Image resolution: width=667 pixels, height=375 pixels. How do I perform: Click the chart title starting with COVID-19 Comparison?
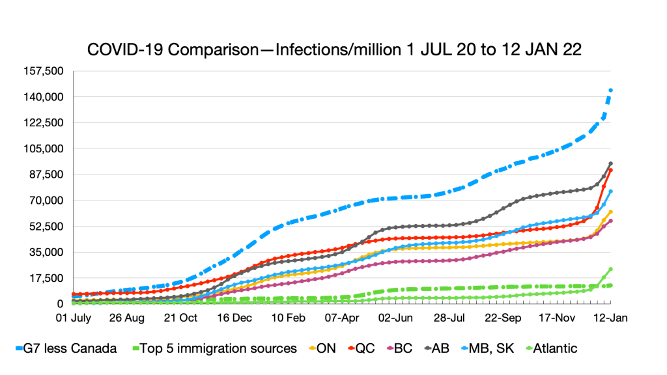point(333,49)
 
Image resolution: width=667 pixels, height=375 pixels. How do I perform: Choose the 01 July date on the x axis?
point(74,319)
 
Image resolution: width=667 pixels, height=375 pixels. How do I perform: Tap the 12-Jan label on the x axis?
point(609,319)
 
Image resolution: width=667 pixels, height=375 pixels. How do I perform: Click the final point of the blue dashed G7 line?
point(610,90)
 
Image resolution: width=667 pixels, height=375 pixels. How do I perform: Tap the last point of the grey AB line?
point(610,163)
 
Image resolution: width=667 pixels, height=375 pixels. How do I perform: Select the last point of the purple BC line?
point(610,221)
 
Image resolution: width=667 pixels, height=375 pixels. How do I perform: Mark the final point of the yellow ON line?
point(610,212)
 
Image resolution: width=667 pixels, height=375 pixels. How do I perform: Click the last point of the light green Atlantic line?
point(610,269)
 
